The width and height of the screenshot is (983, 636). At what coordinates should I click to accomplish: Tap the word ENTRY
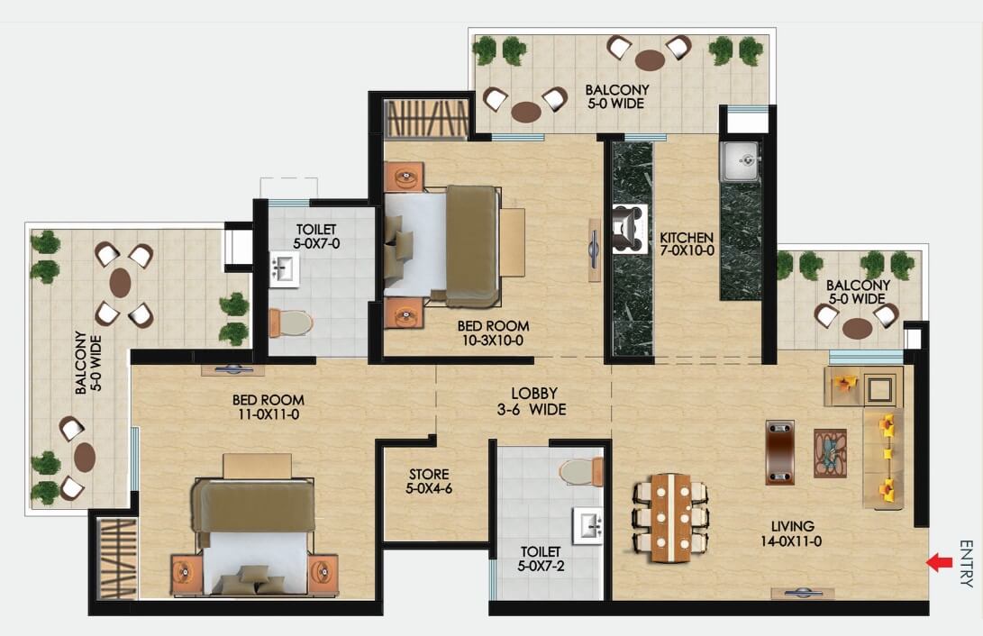point(966,563)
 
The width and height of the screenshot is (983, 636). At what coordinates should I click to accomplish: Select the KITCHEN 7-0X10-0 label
point(687,244)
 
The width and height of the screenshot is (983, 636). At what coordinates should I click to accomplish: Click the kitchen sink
point(740,160)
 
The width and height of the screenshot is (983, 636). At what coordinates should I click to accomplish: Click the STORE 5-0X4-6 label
point(429,481)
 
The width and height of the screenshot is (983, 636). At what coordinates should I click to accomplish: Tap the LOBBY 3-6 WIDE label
point(532,401)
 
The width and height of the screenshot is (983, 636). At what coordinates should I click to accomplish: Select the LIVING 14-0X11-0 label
point(791,533)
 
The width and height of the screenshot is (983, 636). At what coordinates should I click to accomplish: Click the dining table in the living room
point(670,518)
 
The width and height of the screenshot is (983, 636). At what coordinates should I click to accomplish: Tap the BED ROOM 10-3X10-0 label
point(494,332)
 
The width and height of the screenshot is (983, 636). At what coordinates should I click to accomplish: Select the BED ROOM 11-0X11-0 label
point(269,406)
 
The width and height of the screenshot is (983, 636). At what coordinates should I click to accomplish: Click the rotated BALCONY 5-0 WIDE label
point(88,363)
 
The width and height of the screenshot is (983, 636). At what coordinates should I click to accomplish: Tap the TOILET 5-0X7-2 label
point(540,559)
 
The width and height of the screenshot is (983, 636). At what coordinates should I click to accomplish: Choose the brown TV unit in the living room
point(780,452)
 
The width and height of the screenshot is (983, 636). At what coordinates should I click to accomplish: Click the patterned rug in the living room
point(830,453)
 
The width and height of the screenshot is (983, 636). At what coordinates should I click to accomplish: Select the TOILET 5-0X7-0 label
point(316,236)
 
